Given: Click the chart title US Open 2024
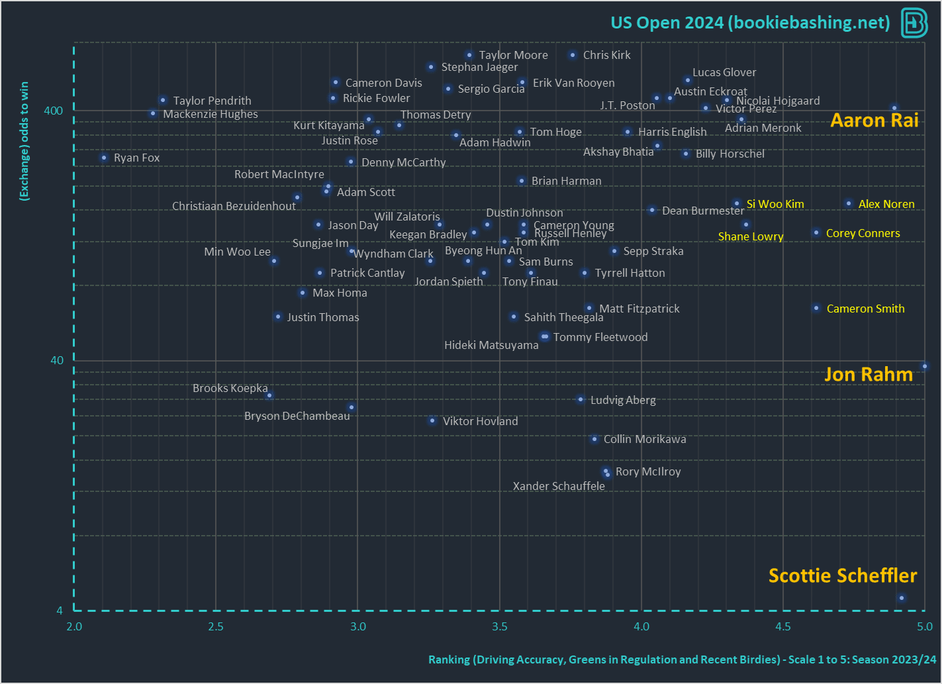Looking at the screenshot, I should coord(750,23).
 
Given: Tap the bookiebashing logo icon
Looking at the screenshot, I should coord(914,23).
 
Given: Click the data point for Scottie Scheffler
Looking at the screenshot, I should coord(901,598).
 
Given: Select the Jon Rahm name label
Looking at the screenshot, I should coord(868,375).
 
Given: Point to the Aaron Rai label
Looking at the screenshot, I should coord(874,121).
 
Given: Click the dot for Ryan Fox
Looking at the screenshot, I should coord(104,158).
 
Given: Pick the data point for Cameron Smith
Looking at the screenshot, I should coord(816,308).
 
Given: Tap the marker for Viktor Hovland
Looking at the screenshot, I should coord(432,420).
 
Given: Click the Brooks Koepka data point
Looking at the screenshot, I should coord(269,395).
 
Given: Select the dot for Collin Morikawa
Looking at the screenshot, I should coord(594,439).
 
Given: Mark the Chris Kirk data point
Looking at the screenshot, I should coord(573,55).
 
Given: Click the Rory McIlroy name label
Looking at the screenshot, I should coord(647,471).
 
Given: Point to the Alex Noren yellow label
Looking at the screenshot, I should coord(886,204).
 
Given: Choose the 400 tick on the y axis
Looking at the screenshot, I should coord(54,111).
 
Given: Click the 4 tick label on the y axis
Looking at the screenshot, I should coord(60,611).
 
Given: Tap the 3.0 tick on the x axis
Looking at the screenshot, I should coord(357,626).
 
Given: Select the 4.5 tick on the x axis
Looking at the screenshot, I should coord(782,626).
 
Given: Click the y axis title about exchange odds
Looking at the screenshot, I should coord(24,140).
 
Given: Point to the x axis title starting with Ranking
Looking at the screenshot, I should coord(682,660).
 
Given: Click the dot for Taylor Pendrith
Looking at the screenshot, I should coord(163,101).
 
